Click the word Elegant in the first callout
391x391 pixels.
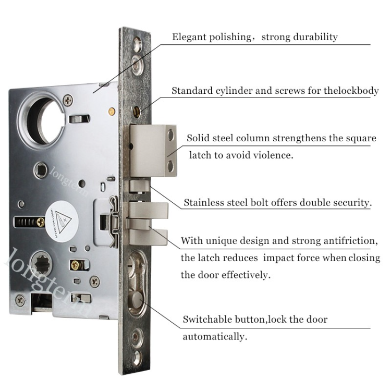pos(189,37)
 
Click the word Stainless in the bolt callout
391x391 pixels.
pos(203,203)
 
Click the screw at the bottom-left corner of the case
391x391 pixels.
pos(20,300)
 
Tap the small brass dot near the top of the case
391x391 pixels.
pos(111,111)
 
